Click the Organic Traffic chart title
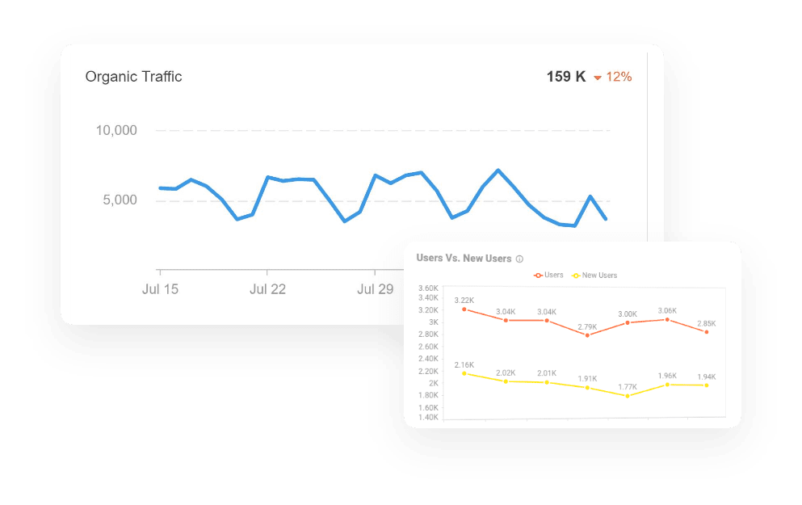pos(133,77)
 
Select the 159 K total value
pos(566,78)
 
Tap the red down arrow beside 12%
pos(598,78)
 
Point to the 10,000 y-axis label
pos(116,130)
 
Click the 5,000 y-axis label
pos(119,200)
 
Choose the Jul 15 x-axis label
pos(160,289)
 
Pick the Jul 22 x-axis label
pos(267,289)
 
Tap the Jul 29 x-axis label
pos(375,289)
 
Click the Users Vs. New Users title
pos(464,259)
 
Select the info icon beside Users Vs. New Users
pos(519,259)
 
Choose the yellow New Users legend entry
pos(594,276)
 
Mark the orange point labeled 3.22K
pos(464,309)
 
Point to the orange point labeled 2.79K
pos(587,335)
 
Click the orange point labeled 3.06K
pos(667,319)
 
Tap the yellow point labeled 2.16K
pos(464,373)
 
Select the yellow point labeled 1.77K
pos(628,396)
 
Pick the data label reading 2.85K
pos(707,323)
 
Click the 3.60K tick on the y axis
pos(427,288)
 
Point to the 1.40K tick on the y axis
pos(427,418)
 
